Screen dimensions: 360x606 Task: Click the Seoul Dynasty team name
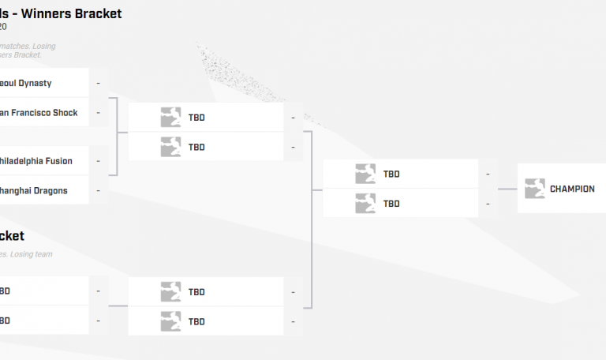[x=27, y=83]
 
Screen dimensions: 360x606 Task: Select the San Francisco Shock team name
[x=39, y=113]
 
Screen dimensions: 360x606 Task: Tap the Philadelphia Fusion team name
[x=36, y=161]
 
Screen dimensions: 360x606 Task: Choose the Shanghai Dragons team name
[x=33, y=190]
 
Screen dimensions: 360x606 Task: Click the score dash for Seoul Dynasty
[x=98, y=83]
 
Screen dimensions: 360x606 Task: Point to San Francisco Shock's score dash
[x=98, y=113]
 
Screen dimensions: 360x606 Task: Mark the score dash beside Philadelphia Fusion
[x=98, y=161]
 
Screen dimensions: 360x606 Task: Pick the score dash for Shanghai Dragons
[x=98, y=190]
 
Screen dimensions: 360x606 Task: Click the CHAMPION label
[x=572, y=189]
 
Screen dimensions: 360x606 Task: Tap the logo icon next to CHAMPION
[x=535, y=189]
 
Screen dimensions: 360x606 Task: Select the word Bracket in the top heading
[x=99, y=13]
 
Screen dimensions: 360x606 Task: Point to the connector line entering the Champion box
[x=507, y=189]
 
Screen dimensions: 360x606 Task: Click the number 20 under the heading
[x=3, y=27]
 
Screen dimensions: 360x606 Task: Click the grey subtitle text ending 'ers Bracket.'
[x=21, y=55]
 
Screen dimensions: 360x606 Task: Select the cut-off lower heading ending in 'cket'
[x=12, y=236]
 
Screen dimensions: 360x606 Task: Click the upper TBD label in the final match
[x=391, y=174]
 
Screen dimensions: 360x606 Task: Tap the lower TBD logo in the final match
[x=365, y=203]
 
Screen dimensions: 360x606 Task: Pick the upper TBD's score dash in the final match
[x=488, y=174]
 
